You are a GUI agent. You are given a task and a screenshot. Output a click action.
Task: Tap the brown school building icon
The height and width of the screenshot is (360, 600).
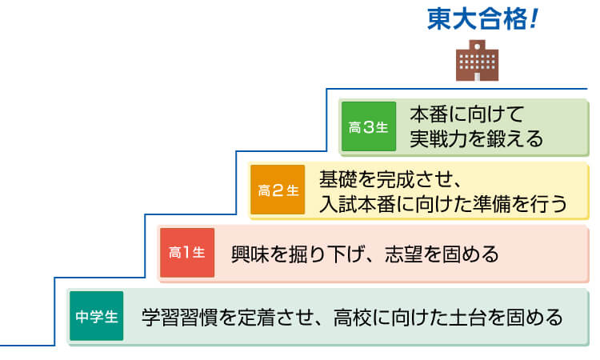(477, 59)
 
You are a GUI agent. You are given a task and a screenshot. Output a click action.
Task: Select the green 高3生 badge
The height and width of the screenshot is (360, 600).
(368, 126)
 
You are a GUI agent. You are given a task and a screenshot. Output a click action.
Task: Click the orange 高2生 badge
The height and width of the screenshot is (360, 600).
(278, 190)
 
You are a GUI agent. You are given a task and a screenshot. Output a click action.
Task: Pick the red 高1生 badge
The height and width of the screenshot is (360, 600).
(187, 253)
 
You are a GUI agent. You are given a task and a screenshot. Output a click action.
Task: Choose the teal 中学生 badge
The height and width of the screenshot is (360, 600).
(97, 316)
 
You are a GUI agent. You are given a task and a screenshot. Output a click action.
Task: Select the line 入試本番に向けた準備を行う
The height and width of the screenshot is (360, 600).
(443, 203)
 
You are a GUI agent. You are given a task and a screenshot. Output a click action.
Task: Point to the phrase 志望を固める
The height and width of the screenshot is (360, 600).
(443, 254)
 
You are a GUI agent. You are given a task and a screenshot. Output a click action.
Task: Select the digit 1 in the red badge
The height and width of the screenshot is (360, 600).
(186, 253)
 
